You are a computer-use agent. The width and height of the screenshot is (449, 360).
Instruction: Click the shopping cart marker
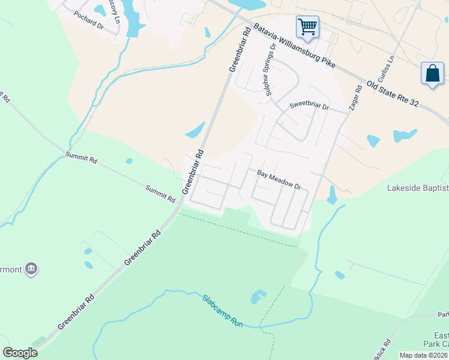point(307,26)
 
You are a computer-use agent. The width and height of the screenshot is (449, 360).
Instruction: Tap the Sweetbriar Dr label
point(310,106)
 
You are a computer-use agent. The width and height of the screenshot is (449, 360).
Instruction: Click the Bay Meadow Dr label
point(279,179)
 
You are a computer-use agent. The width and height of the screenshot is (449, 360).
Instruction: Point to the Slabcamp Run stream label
point(222,310)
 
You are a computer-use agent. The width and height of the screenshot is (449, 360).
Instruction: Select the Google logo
point(20,353)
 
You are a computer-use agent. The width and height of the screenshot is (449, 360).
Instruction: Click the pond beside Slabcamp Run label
point(258,296)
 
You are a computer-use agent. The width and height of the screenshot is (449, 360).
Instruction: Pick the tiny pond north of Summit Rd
point(129,161)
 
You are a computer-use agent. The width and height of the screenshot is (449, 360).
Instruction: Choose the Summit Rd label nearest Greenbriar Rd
point(160,193)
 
